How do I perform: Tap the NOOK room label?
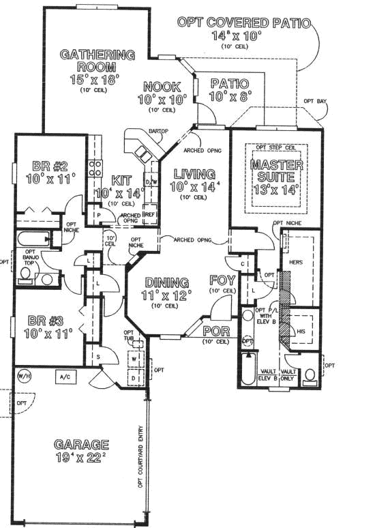coord(162,87)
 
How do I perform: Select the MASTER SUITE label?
coord(275,171)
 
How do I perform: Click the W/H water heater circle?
coord(23,375)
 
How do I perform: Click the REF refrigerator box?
coord(151,214)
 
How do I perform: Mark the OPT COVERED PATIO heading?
coord(243,23)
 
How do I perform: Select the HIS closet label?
coord(301,330)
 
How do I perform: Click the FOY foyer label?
coord(222,279)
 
